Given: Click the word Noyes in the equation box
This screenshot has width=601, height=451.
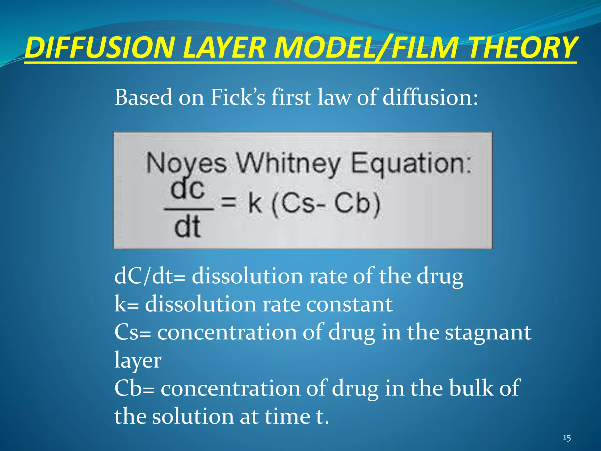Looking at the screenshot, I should (x=186, y=163).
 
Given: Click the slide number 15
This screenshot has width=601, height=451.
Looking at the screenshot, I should (x=567, y=438).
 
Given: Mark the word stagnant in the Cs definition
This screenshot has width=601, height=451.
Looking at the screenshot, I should (x=488, y=332).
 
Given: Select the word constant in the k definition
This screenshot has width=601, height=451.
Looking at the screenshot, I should (x=349, y=304).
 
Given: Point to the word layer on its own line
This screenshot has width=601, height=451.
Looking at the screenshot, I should (x=138, y=361).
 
